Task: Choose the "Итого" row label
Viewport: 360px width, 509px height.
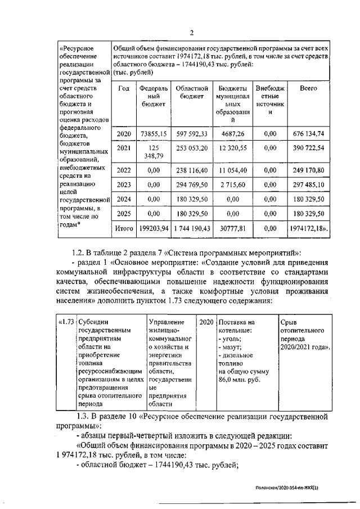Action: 124,229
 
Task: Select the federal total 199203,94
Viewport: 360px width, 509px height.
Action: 153,229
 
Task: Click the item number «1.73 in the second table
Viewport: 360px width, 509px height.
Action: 66,322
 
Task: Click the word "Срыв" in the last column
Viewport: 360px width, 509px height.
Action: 288,322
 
